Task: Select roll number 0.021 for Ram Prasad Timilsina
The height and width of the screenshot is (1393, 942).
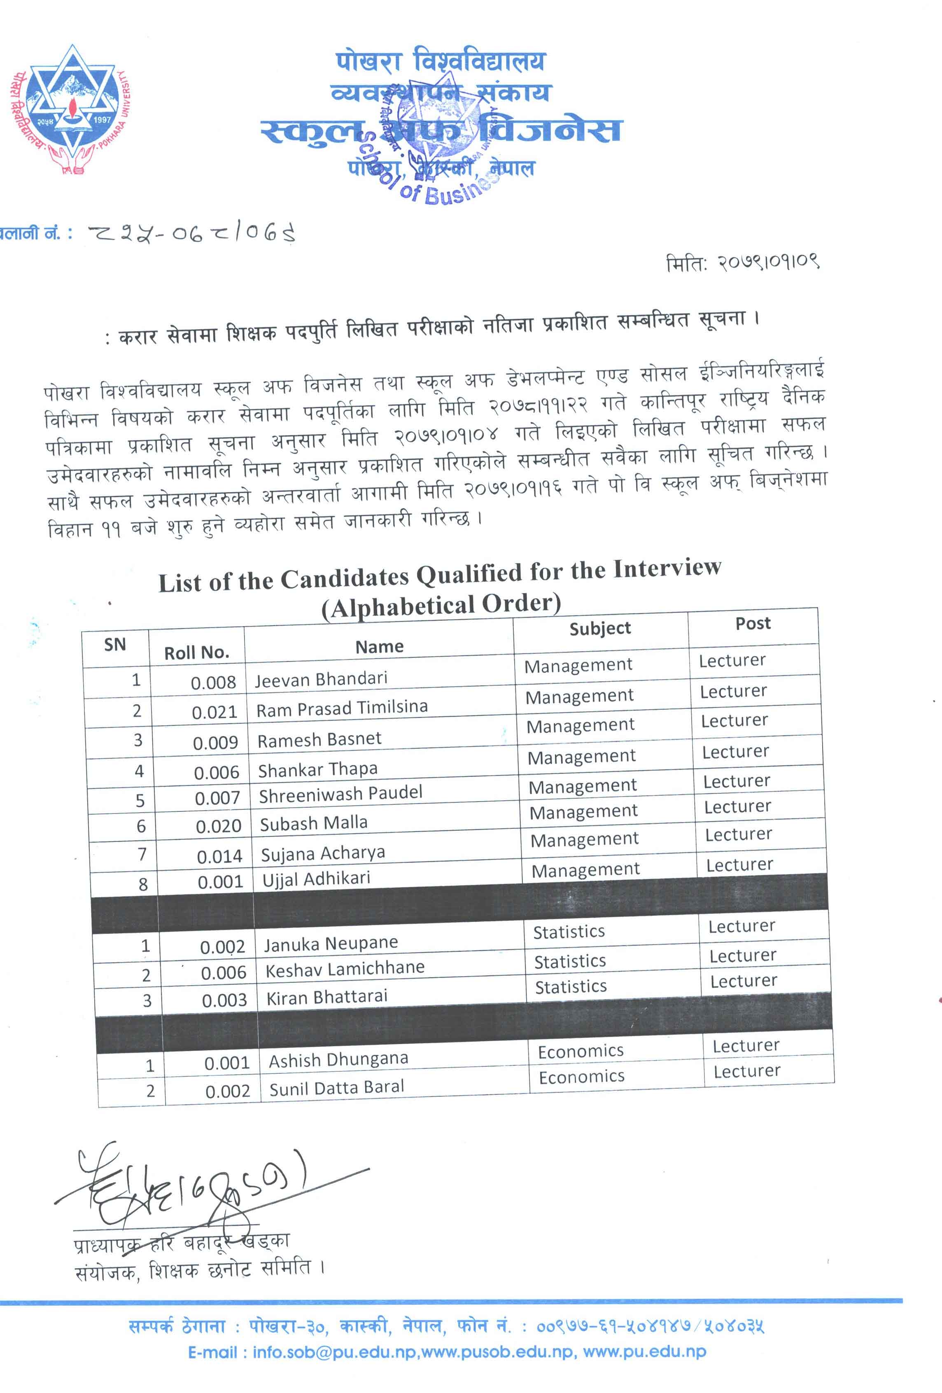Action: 214,712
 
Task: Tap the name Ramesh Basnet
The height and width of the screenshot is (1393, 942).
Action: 319,739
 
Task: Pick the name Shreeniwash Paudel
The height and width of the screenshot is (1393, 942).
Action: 340,794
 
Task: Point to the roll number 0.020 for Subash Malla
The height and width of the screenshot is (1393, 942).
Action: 218,826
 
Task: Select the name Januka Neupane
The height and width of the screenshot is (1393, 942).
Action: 331,944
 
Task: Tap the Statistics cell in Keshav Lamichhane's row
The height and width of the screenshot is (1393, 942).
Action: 570,961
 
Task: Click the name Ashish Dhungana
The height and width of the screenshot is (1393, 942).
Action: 338,1060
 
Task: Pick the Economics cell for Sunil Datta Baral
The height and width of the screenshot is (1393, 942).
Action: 581,1077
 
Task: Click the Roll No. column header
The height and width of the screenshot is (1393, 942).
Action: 196,652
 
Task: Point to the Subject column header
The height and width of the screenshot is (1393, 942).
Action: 600,628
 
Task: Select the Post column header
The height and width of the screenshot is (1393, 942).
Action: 753,623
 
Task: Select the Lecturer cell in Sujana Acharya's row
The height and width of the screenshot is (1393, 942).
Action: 738,834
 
